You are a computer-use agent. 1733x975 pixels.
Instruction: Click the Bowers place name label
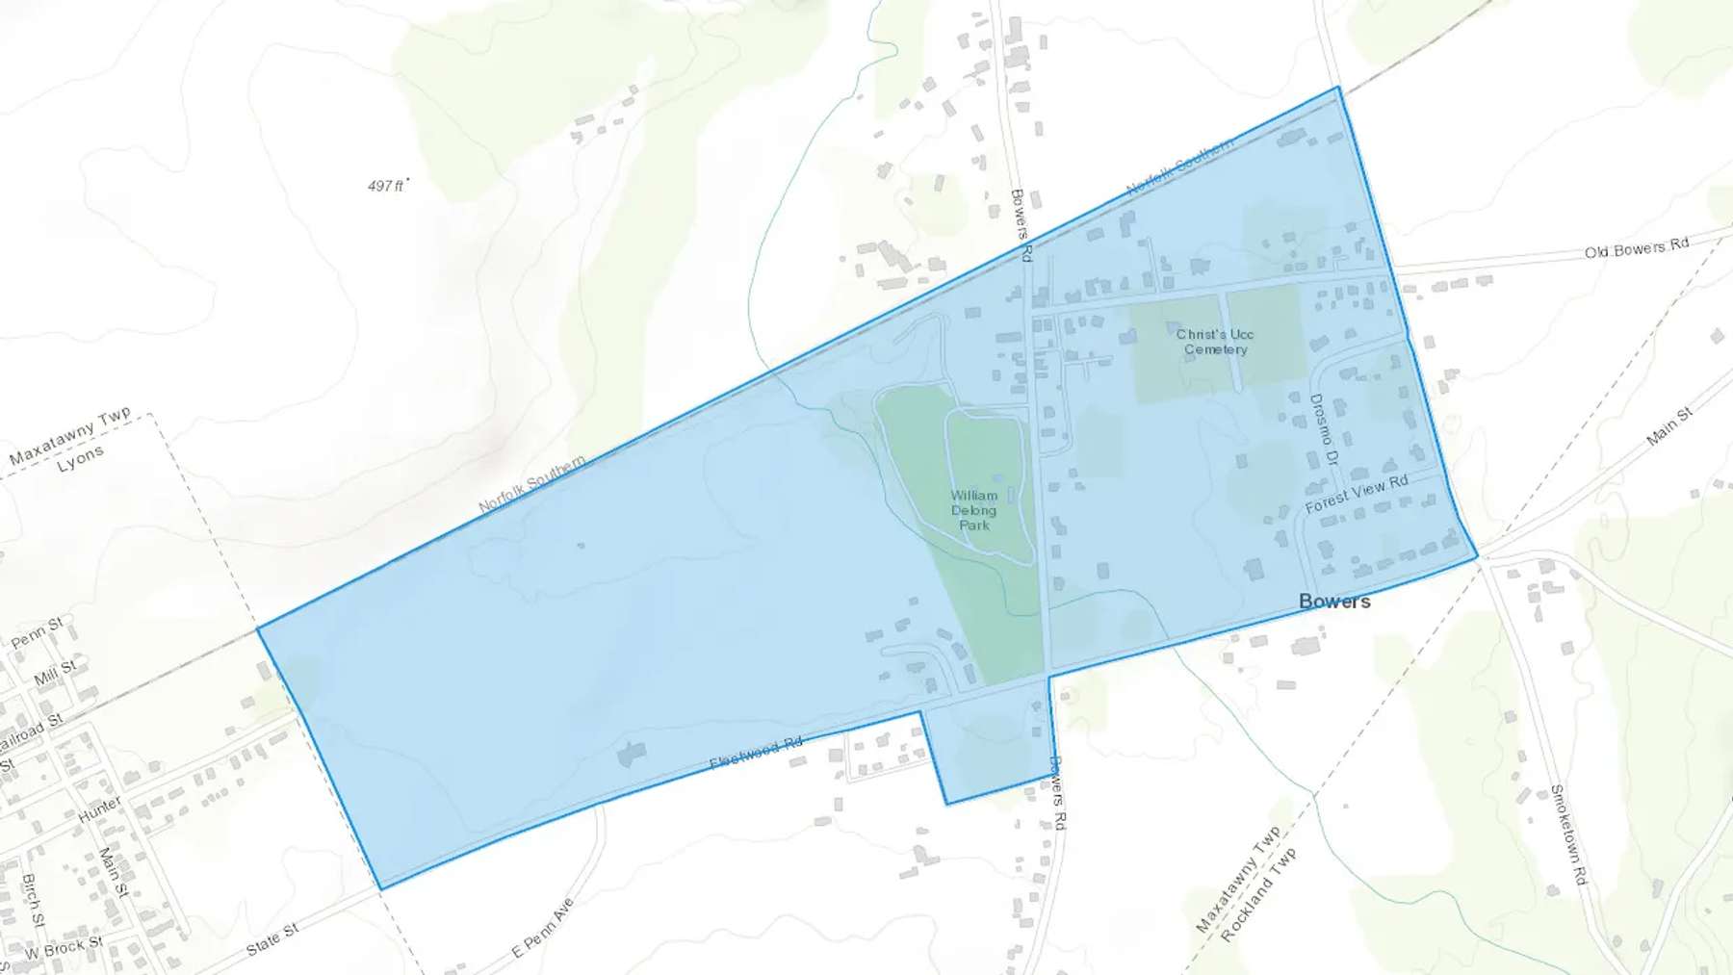click(1334, 602)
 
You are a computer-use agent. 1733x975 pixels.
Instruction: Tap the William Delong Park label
click(973, 510)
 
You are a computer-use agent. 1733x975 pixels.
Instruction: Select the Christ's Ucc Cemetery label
click(1215, 342)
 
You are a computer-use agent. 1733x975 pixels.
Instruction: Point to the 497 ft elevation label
click(387, 186)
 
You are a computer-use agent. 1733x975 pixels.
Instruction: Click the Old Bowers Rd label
click(1637, 247)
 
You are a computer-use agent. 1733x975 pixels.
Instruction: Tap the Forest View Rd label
click(1357, 494)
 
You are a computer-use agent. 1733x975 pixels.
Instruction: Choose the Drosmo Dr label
click(1324, 429)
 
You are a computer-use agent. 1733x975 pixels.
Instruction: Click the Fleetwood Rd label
click(756, 754)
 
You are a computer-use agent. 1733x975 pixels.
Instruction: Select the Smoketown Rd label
click(1567, 834)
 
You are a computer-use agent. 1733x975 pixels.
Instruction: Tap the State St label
click(272, 938)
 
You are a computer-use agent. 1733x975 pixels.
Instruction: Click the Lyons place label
click(80, 459)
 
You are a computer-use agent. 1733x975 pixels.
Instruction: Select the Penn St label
click(37, 632)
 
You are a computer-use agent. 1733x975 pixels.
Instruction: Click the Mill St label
click(55, 672)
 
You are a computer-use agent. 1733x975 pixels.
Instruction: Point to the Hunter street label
click(100, 808)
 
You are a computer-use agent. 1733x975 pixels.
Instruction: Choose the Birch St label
click(33, 900)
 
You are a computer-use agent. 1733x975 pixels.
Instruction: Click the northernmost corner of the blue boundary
click(1338, 88)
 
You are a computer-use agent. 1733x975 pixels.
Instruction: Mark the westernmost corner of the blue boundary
click(258, 629)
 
